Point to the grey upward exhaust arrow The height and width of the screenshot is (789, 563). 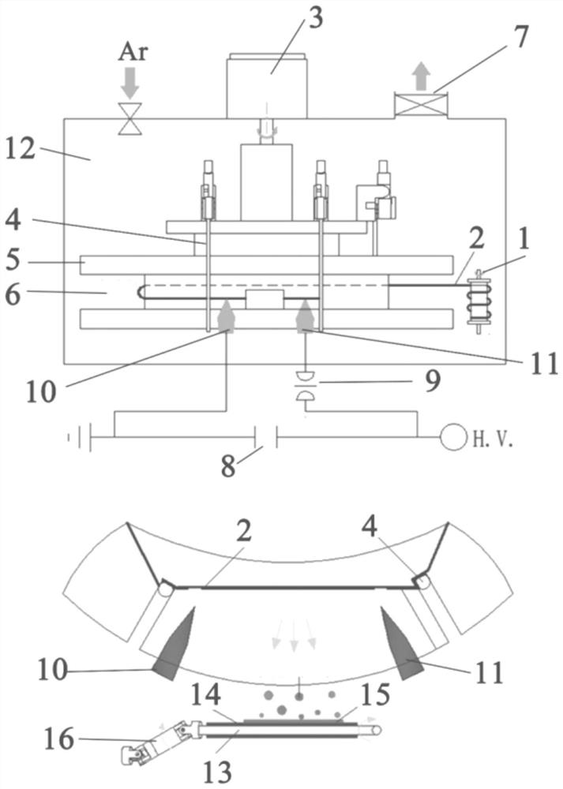(x=421, y=77)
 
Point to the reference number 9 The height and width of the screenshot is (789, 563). (x=433, y=381)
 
